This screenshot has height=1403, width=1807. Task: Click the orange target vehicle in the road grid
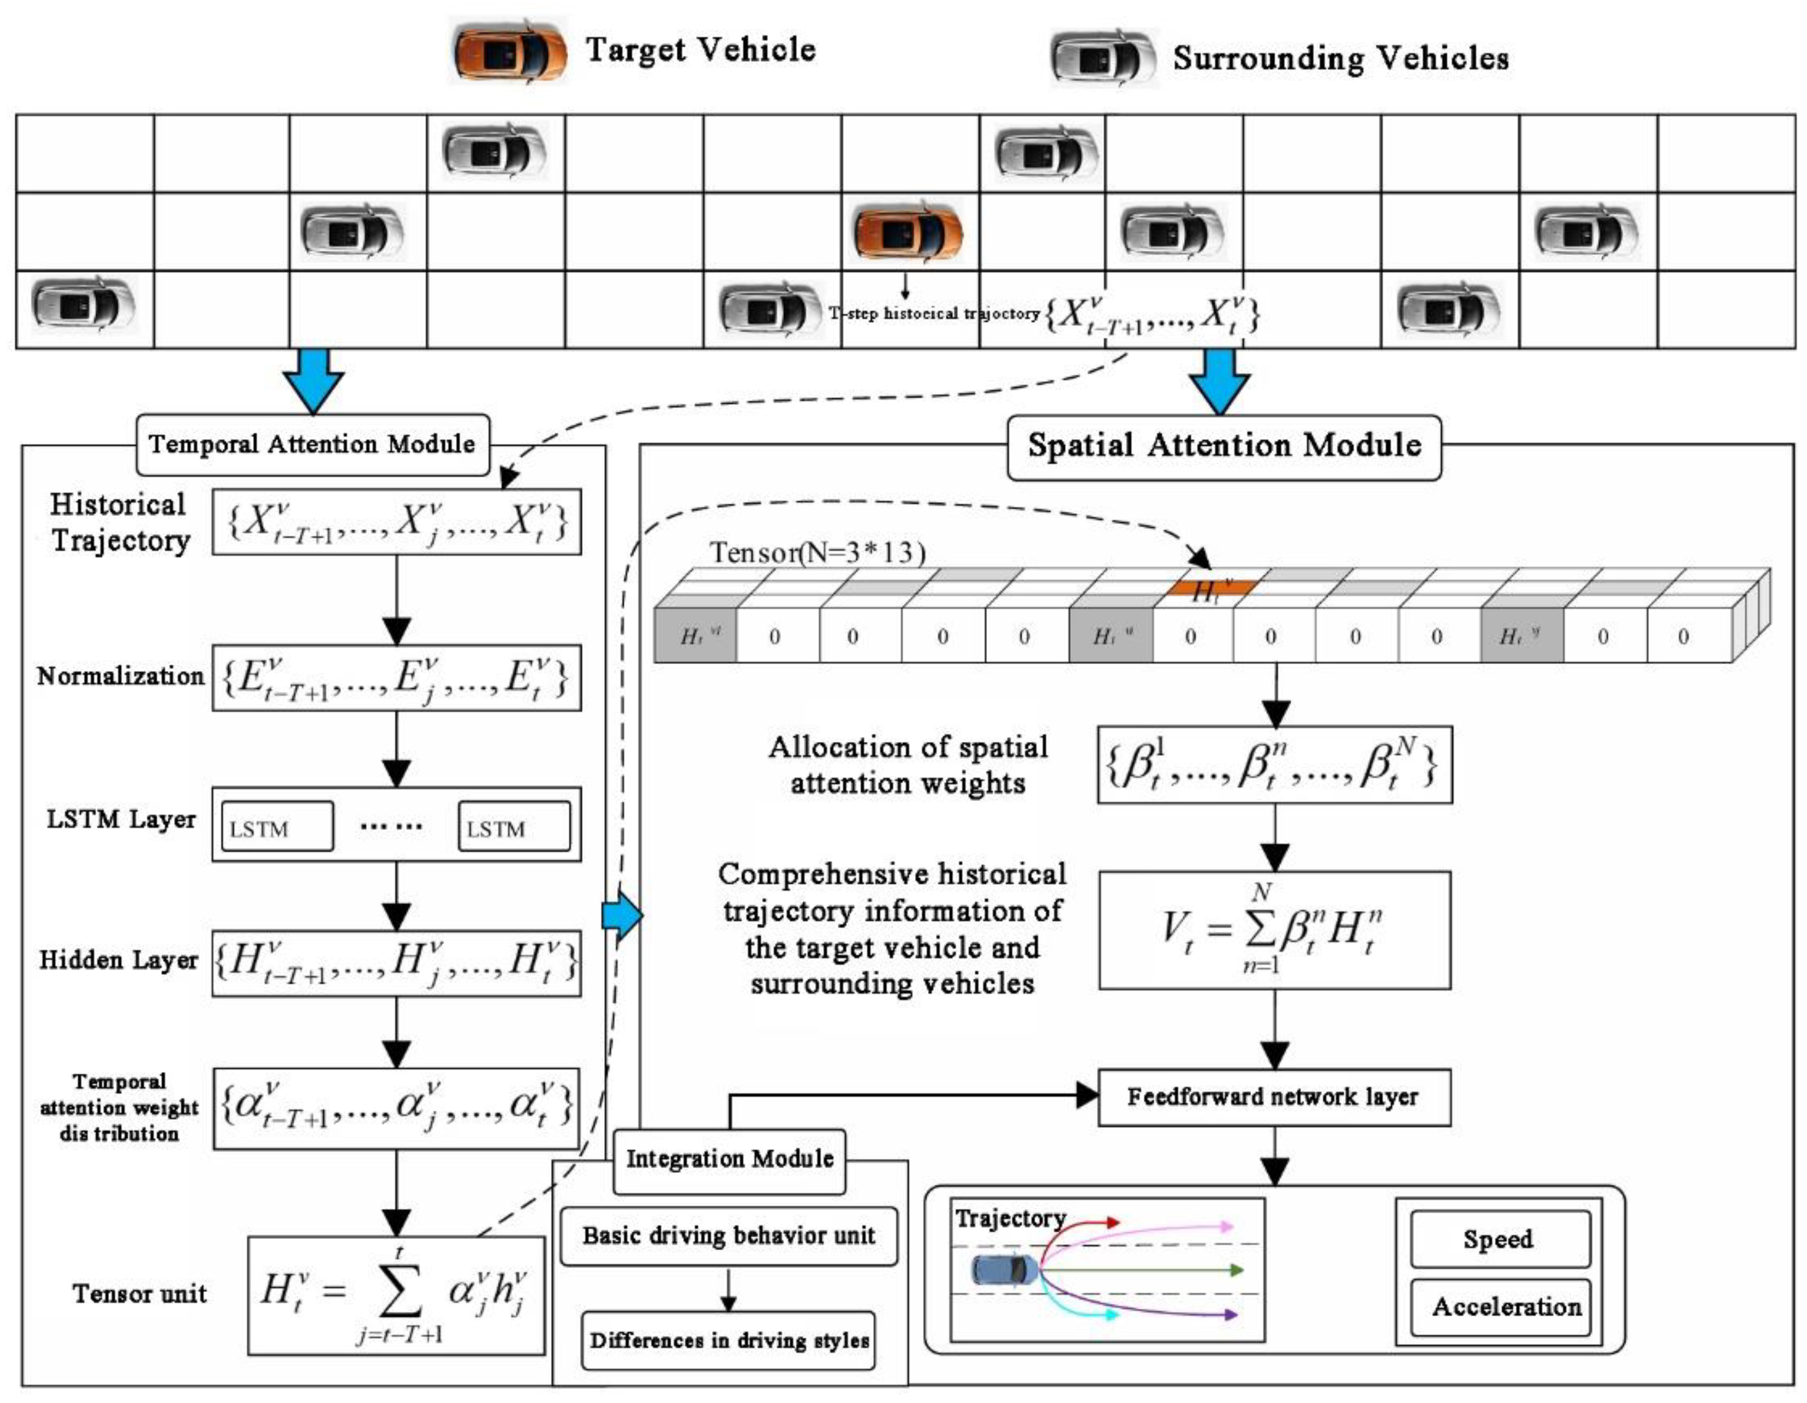click(908, 232)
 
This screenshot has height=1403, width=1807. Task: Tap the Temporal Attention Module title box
click(313, 444)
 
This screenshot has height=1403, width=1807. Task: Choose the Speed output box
click(1499, 1239)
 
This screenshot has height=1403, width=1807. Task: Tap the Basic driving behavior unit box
click(728, 1237)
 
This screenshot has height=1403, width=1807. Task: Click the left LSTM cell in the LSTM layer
click(277, 826)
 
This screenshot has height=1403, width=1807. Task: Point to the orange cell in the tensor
click(1211, 588)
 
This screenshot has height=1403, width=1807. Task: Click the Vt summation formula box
click(1274, 930)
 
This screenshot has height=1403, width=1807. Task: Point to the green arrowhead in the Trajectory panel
click(1237, 1270)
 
